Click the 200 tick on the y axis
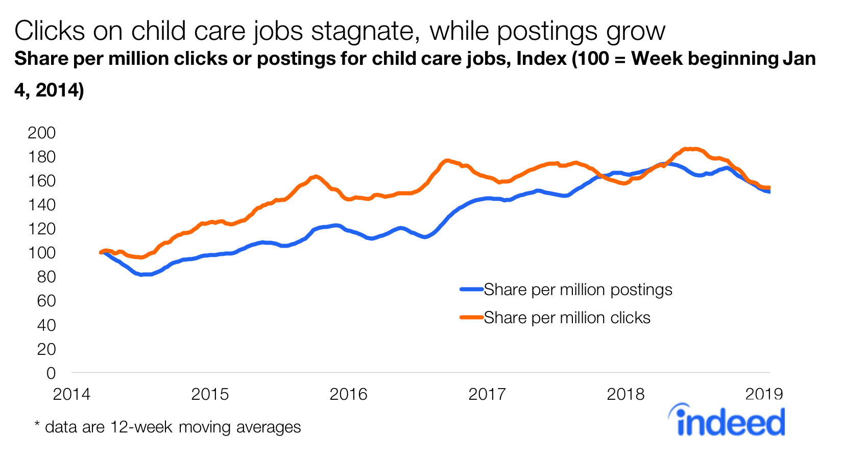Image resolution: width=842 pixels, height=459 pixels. click(41, 133)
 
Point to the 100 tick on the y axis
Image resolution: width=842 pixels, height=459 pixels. click(41, 253)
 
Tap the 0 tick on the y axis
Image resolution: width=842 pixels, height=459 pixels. click(51, 373)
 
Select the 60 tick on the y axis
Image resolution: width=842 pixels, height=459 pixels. click(46, 301)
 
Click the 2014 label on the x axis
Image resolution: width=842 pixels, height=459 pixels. click(71, 394)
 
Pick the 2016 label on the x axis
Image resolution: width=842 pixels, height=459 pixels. click(348, 394)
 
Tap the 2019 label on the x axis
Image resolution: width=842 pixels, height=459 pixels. click(764, 394)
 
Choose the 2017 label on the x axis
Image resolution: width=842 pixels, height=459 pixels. click(487, 394)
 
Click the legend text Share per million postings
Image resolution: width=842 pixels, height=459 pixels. click(578, 289)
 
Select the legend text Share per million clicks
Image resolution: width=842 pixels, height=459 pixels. click(567, 318)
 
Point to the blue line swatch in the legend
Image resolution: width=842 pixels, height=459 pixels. click(471, 289)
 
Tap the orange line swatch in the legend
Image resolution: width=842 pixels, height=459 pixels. click(471, 318)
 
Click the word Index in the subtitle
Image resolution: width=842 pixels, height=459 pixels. click(541, 59)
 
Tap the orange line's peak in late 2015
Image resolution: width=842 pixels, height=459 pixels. click(316, 177)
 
